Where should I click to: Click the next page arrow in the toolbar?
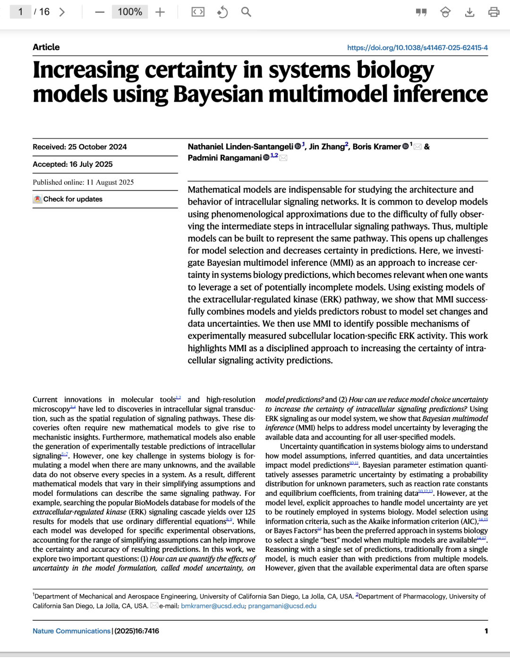pos(62,12)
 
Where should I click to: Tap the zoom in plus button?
pos(160,12)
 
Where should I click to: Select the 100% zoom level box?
pos(129,12)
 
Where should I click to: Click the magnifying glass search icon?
pos(246,12)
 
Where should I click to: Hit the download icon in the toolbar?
pos(469,12)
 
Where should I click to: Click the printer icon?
pos(494,12)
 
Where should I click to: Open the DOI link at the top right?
pos(417,48)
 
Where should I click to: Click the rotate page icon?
pos(222,12)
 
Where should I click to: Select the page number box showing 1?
pos(20,12)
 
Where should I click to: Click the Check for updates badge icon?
pos(37,199)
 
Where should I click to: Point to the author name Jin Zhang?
pos(327,147)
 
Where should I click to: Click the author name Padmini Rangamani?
pos(224,158)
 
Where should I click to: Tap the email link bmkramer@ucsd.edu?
pos(212,606)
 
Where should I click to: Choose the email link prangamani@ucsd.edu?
pos(282,606)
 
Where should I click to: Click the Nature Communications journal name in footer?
pos(71,631)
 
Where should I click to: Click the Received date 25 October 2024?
pos(97,147)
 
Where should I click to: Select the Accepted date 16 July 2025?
pos(91,164)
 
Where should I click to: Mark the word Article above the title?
pos(46,47)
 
